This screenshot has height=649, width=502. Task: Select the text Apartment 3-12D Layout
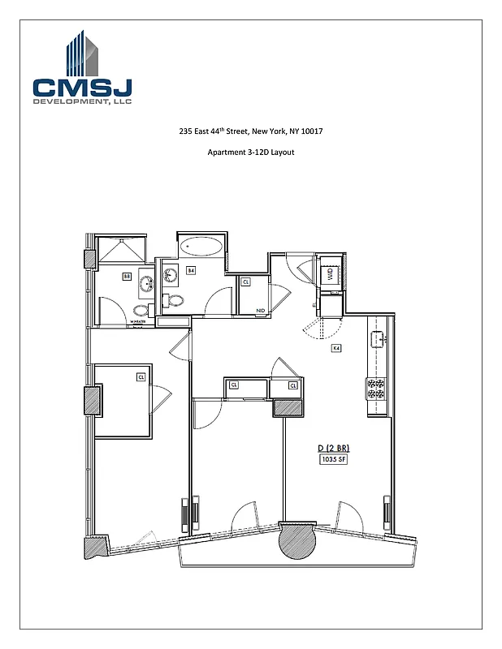pos(250,153)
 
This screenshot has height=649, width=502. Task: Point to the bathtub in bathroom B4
pos(201,247)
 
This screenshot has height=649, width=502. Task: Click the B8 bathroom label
pos(127,277)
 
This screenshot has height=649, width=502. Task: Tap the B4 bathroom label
pos(191,270)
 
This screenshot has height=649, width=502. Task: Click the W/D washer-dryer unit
pos(331,275)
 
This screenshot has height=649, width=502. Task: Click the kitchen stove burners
pos(376,389)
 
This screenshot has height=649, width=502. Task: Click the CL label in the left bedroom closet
pos(141,376)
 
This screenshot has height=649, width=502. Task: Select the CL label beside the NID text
pos(246,282)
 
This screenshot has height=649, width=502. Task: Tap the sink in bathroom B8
pos(148,285)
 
